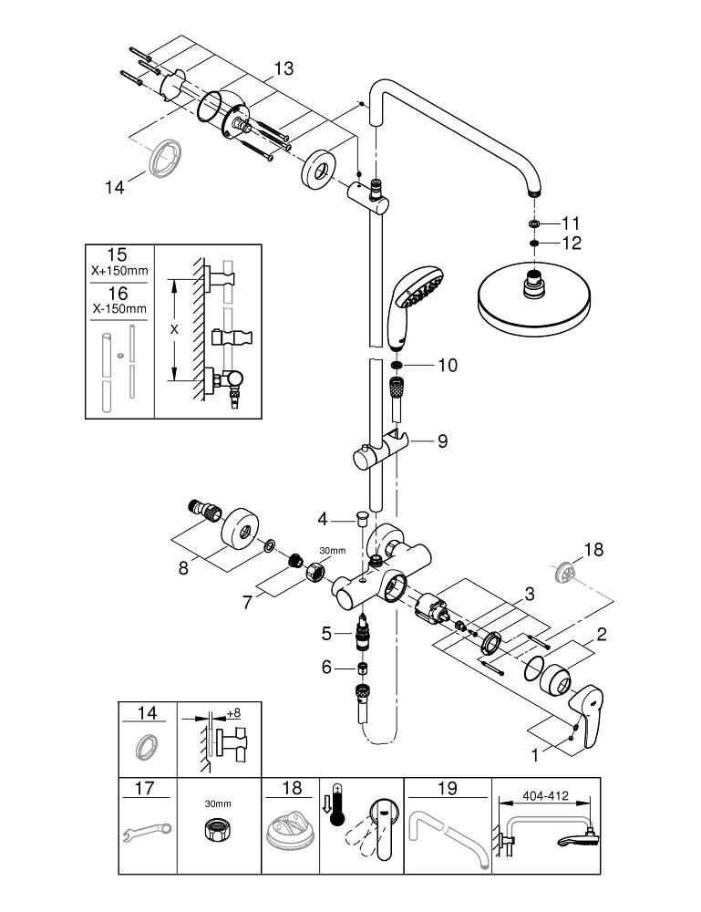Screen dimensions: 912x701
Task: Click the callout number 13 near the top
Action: (x=283, y=67)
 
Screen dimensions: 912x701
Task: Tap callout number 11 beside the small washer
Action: (x=571, y=223)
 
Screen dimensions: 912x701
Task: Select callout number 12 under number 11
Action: (x=571, y=244)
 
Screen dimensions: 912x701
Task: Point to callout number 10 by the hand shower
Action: (x=447, y=366)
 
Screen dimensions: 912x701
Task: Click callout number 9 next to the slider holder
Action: (x=442, y=441)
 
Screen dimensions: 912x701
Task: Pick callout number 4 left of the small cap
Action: (x=322, y=520)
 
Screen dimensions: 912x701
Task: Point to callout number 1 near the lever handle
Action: (x=536, y=754)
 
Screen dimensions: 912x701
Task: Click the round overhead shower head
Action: (x=526, y=300)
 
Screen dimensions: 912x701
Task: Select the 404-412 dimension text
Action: (x=545, y=795)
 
